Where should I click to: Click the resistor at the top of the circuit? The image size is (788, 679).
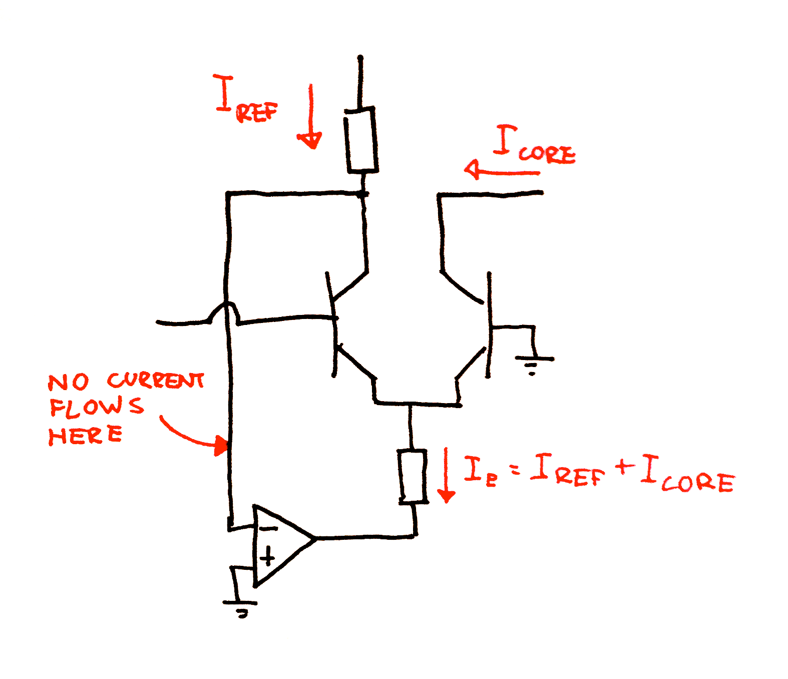361,140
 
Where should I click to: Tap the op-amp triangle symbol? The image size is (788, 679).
284,546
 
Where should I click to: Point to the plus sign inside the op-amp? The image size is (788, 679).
267,557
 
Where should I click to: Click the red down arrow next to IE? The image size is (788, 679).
446,475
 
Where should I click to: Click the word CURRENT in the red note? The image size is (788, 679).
155,381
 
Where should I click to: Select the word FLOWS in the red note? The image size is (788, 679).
97,407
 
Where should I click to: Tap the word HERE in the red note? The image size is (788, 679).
86,435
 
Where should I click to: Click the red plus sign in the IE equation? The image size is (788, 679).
625,467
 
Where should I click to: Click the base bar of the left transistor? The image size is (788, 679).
331,324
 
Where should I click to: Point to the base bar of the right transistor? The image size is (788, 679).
489,325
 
